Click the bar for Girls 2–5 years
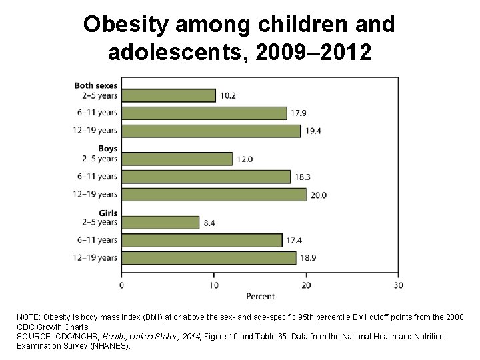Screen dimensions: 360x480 160,223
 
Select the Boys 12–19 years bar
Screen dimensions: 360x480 213,195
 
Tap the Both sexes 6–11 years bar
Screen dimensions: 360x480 204,113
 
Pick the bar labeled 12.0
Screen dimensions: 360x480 177,159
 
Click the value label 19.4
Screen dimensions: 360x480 313,131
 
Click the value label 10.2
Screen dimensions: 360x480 228,96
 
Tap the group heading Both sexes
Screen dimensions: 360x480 96,85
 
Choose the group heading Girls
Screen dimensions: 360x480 108,213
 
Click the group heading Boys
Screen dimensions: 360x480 107,149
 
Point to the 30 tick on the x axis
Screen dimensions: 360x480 398,285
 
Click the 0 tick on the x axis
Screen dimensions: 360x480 121,285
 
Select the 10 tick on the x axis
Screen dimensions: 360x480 213,285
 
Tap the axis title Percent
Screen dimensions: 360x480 260,295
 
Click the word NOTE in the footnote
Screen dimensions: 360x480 28,318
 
